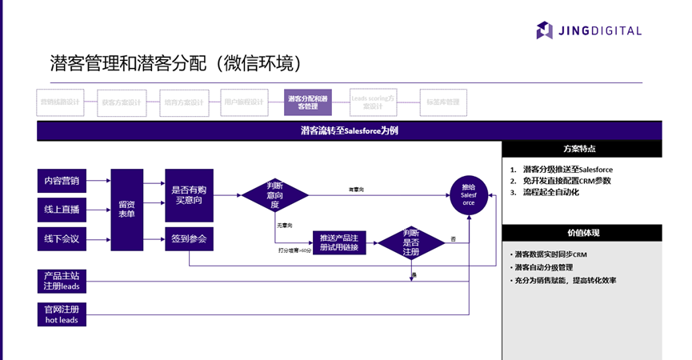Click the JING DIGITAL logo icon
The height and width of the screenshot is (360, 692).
545,30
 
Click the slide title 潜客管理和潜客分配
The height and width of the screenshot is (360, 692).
175,63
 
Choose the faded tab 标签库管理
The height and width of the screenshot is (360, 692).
443,102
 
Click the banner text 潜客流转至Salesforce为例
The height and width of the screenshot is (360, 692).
349,131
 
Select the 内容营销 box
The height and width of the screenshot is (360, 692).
62,181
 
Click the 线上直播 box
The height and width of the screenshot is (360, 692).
62,210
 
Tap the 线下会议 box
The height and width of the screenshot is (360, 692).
62,238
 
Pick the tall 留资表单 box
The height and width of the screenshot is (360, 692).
126,210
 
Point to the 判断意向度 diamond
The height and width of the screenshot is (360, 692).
274,194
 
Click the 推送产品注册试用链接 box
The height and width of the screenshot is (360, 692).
343,243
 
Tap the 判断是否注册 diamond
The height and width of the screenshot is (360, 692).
410,242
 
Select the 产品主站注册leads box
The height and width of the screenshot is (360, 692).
62,281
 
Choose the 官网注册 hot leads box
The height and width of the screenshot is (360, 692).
62,314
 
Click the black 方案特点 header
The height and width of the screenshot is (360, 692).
582,149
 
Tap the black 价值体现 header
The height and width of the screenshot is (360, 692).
582,233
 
